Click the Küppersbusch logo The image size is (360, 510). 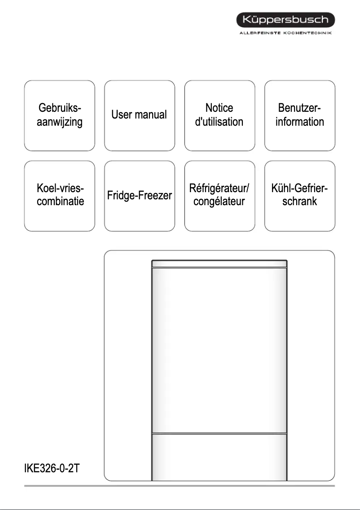pyautogui.click(x=285, y=20)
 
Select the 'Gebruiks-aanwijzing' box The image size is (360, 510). pyautogui.click(x=60, y=115)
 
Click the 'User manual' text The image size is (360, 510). pyautogui.click(x=139, y=115)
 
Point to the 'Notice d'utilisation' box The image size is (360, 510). pyautogui.click(x=220, y=115)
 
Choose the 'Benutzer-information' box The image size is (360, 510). pyautogui.click(x=300, y=115)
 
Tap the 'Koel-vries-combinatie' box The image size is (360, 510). pyautogui.click(x=60, y=195)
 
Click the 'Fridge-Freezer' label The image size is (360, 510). pyautogui.click(x=139, y=196)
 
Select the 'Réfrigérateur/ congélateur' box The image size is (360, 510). pyautogui.click(x=220, y=195)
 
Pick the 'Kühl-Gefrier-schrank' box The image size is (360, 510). pyautogui.click(x=300, y=195)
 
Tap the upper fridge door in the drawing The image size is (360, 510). pyautogui.click(x=219, y=350)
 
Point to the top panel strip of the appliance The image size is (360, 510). pyautogui.click(x=219, y=264)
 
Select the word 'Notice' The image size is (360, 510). pyautogui.click(x=220, y=108)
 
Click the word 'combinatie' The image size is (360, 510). pyautogui.click(x=60, y=202)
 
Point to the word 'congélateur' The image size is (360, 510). pyautogui.click(x=220, y=202)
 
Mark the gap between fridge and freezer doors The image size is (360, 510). pyautogui.click(x=219, y=433)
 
